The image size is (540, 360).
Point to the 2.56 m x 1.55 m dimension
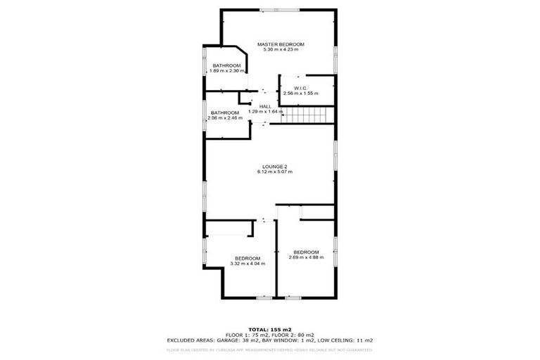click(300, 93)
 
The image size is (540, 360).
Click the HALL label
click(265, 106)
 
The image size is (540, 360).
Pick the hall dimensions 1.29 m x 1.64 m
click(265, 111)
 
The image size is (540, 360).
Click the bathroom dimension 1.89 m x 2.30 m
click(226, 71)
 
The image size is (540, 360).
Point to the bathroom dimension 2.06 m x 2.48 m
click(225, 117)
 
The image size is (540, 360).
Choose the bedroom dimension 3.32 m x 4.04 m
click(247, 264)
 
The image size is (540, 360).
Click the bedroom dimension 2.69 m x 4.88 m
click(306, 257)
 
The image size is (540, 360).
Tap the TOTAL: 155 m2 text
click(270, 329)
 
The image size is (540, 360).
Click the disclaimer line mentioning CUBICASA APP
click(270, 349)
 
